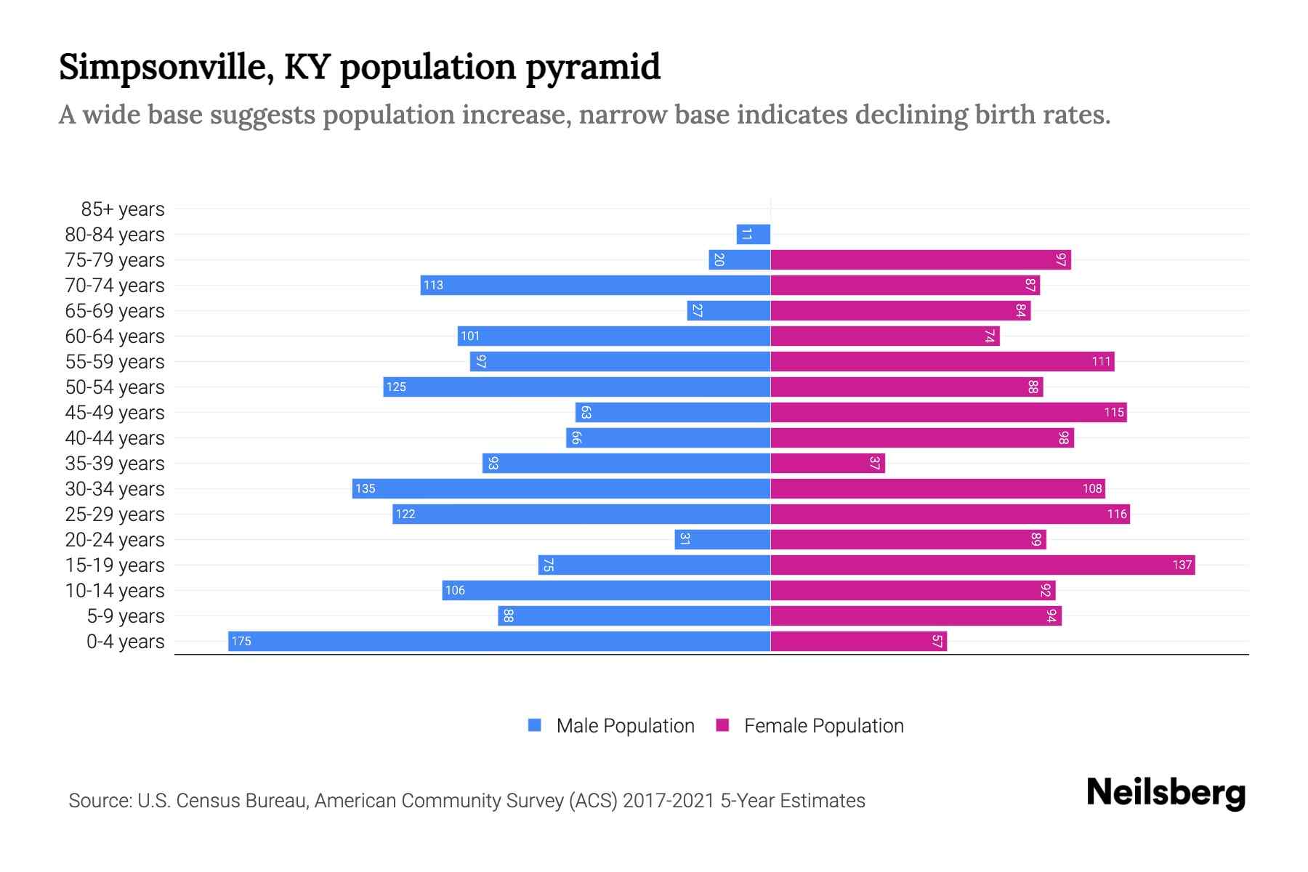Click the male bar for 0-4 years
click(x=499, y=641)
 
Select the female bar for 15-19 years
click(x=982, y=565)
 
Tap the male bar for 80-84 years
click(x=754, y=234)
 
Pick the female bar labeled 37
click(x=828, y=463)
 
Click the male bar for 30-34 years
click(x=561, y=488)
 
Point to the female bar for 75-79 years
click(x=921, y=259)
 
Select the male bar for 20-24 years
click(x=722, y=539)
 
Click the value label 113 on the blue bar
click(x=433, y=285)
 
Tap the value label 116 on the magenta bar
click(x=1117, y=514)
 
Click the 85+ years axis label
click(x=122, y=209)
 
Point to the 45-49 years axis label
click(x=115, y=413)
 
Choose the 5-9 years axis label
click(x=125, y=616)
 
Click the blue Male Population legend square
click(x=535, y=725)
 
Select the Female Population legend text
click(x=823, y=725)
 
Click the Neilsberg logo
click(x=1166, y=793)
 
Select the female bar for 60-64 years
click(x=884, y=336)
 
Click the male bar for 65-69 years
click(x=728, y=310)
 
